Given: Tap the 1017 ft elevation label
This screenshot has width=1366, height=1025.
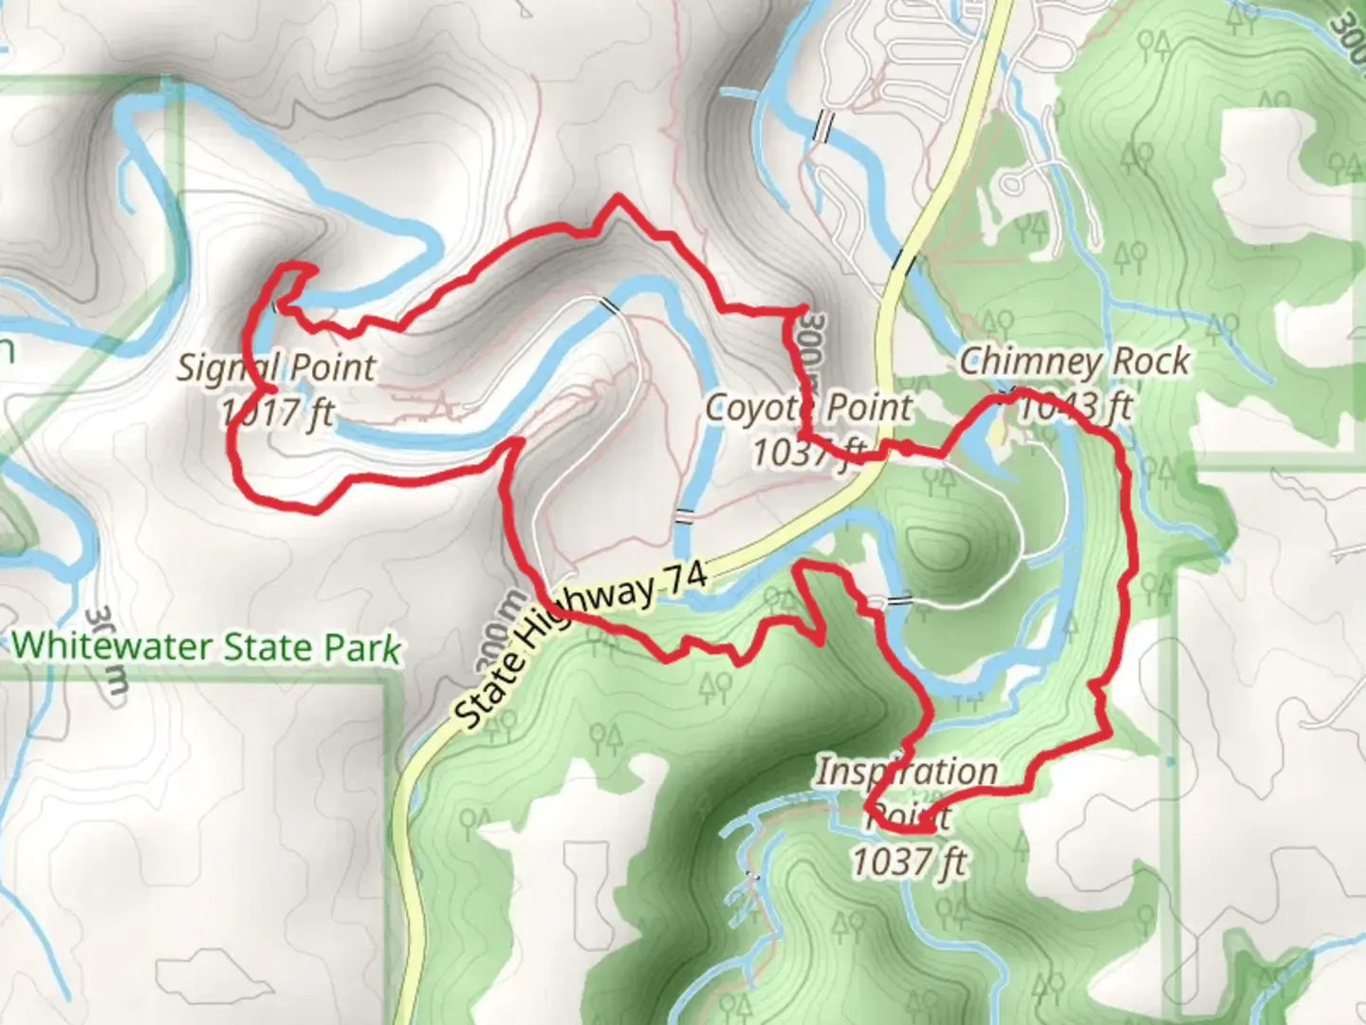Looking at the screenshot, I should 277,413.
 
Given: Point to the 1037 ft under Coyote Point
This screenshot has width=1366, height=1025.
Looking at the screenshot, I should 809,453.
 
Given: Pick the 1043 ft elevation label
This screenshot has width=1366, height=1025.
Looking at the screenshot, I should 1075,406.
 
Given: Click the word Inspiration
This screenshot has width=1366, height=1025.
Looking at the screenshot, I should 907,772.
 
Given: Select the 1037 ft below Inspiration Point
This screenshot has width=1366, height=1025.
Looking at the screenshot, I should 909,863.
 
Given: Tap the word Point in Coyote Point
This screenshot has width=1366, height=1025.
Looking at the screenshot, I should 864,408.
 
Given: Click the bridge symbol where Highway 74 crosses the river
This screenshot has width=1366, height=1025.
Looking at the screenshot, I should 903,260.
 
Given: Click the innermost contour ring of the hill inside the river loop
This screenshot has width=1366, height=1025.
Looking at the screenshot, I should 935,547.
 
